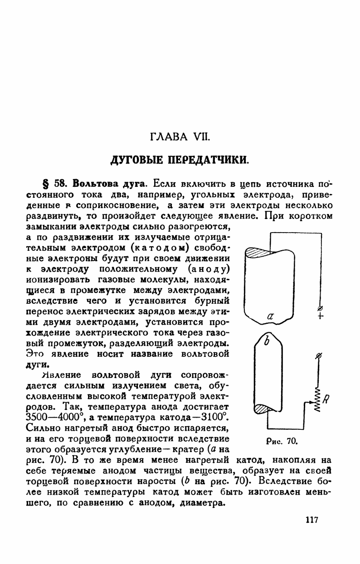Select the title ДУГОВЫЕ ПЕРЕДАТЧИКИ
(180, 160)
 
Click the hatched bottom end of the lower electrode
(262, 410)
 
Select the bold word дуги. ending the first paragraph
(35, 364)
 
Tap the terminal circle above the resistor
(318, 357)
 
